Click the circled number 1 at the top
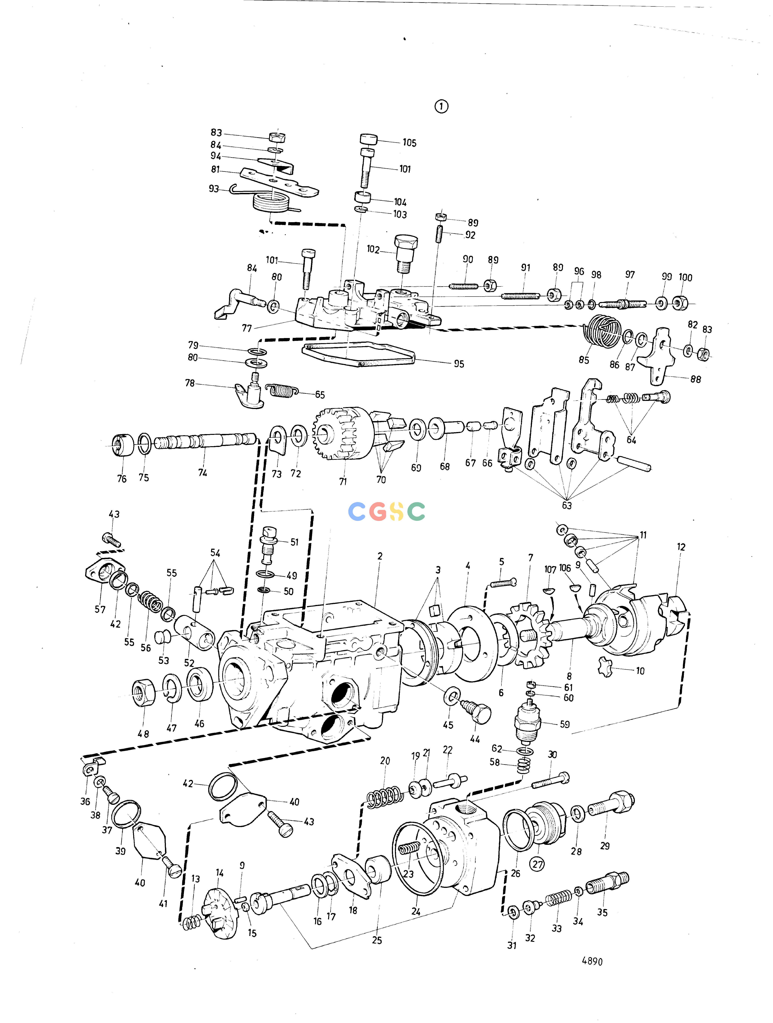click(441, 107)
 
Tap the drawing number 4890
click(592, 961)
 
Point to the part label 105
click(409, 143)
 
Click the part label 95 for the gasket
click(459, 364)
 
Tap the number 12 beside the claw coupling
click(681, 547)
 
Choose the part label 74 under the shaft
click(202, 473)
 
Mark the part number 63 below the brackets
click(566, 505)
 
